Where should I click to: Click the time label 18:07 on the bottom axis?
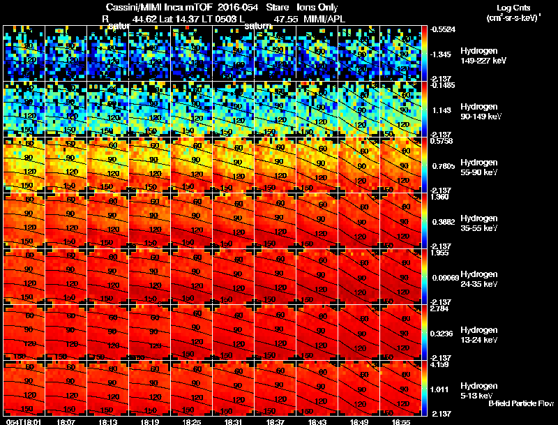click(66, 422)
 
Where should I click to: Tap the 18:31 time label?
click(233, 422)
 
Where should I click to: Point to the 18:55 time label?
click(400, 422)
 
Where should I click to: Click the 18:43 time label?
click(317, 422)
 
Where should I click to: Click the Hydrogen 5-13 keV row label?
click(478, 390)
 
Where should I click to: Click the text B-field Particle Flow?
click(521, 403)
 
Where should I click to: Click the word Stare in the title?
click(268, 7)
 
